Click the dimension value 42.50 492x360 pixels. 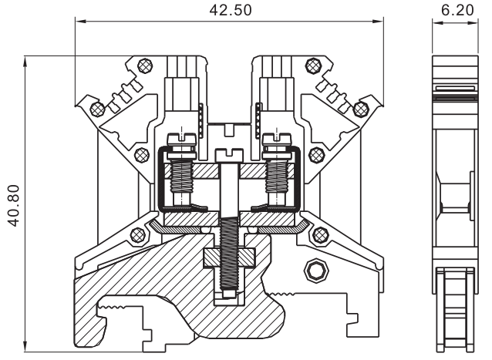coord(228,10)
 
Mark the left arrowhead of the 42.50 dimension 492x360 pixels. coord(79,23)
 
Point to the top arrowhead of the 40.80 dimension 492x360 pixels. coord(27,59)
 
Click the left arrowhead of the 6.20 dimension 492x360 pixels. coord(434,23)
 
